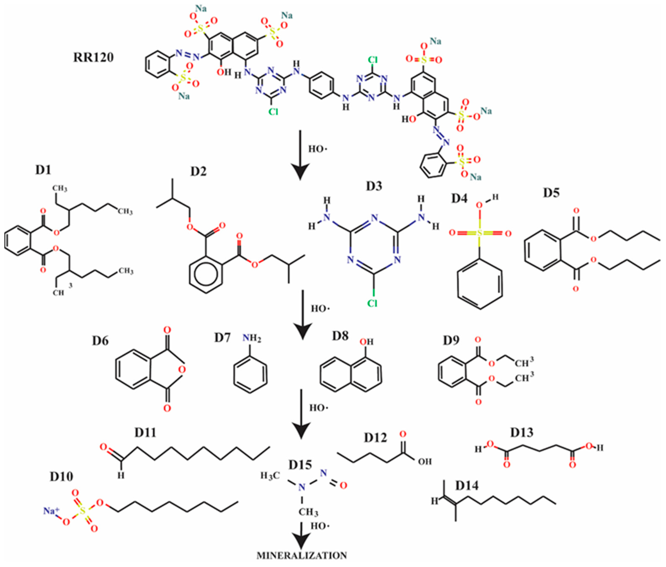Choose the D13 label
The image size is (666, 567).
tap(522, 433)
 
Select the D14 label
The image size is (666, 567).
tap(467, 486)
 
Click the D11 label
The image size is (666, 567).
tap(145, 433)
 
